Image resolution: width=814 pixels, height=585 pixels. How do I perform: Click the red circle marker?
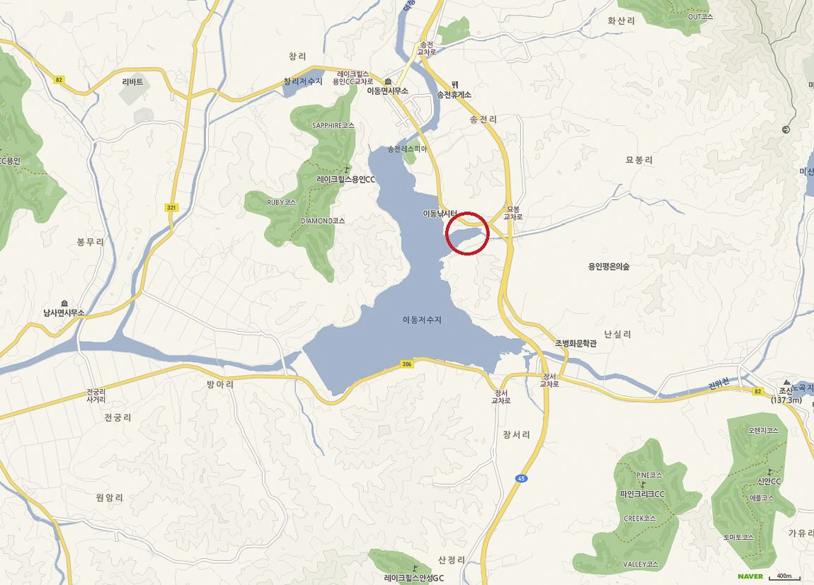pos(468,233)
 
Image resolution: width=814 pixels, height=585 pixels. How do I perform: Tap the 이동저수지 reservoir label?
pos(422,320)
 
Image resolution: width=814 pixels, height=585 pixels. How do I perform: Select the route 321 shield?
pos(171,208)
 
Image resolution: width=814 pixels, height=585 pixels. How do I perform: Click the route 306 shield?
pos(406,364)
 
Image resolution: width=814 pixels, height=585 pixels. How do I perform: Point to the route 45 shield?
pos(522,479)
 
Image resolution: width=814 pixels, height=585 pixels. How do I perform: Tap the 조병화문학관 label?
pos(575,343)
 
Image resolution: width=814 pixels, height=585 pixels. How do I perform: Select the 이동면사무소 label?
pos(388,91)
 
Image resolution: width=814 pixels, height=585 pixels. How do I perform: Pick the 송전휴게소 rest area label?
pos(454,94)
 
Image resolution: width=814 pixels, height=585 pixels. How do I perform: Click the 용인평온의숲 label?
pos(609,267)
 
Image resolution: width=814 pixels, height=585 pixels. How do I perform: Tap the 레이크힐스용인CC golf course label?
pos(345,179)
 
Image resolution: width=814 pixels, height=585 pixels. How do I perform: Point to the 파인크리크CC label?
pos(642,494)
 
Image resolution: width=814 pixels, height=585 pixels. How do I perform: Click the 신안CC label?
pos(769,482)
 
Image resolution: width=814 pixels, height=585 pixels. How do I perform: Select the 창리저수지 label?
pos(302,81)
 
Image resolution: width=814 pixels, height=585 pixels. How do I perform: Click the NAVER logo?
pos(750,577)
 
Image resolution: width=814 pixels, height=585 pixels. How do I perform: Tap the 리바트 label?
pos(132,82)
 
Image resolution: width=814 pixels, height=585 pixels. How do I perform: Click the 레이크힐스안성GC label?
pos(414,578)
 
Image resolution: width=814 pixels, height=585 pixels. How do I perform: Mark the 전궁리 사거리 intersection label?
pos(96,395)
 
